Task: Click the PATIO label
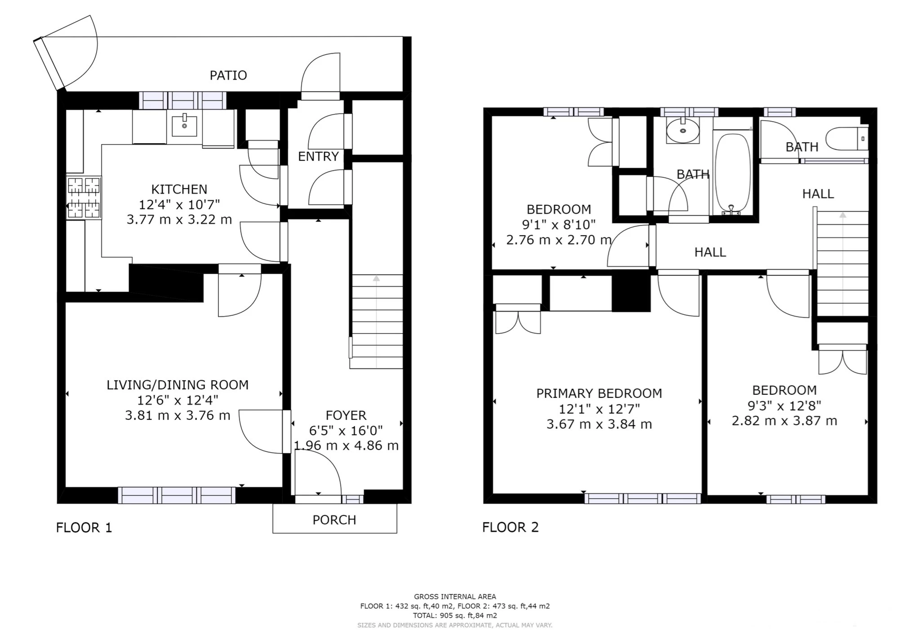coord(228,75)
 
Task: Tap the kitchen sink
coord(184,126)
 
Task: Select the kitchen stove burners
coord(84,198)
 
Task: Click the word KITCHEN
coord(179,189)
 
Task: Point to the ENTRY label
coord(318,156)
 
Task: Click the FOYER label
coord(346,415)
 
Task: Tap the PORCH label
coord(334,520)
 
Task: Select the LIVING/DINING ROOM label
coord(178,385)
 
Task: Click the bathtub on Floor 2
coord(732,173)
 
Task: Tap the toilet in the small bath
coord(847,138)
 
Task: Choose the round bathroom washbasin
coord(683,131)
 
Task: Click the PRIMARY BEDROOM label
coord(599,393)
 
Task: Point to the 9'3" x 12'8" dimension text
coord(784,405)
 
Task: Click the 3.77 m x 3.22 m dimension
coord(179,220)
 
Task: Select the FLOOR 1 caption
coord(84,527)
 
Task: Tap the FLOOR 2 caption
coord(510,527)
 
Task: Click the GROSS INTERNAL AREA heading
coord(455,597)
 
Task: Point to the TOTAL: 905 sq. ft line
coord(455,616)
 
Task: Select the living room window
coord(177,495)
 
